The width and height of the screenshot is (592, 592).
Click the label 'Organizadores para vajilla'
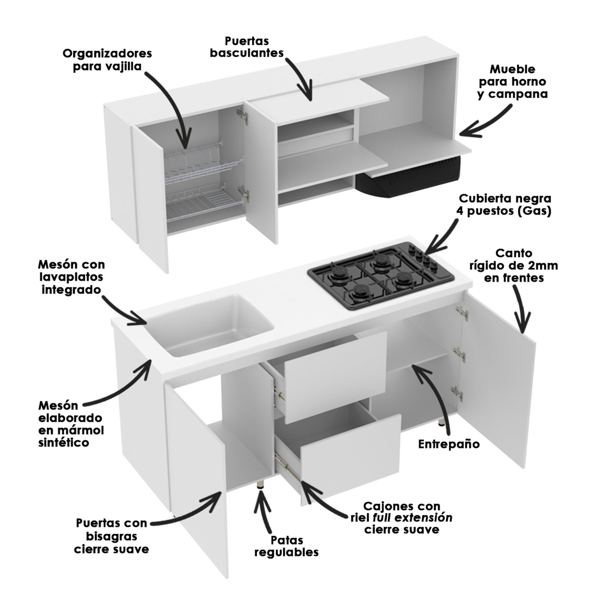pyautogui.click(x=107, y=59)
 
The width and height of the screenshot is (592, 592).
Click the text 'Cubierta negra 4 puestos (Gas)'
pyautogui.click(x=505, y=205)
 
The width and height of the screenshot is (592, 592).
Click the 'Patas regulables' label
pyautogui.click(x=286, y=546)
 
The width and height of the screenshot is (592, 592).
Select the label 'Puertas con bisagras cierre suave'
pyautogui.click(x=111, y=536)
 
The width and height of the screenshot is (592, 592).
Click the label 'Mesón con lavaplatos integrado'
pyautogui.click(x=71, y=277)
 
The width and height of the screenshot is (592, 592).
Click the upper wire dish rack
pyautogui.click(x=193, y=156)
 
